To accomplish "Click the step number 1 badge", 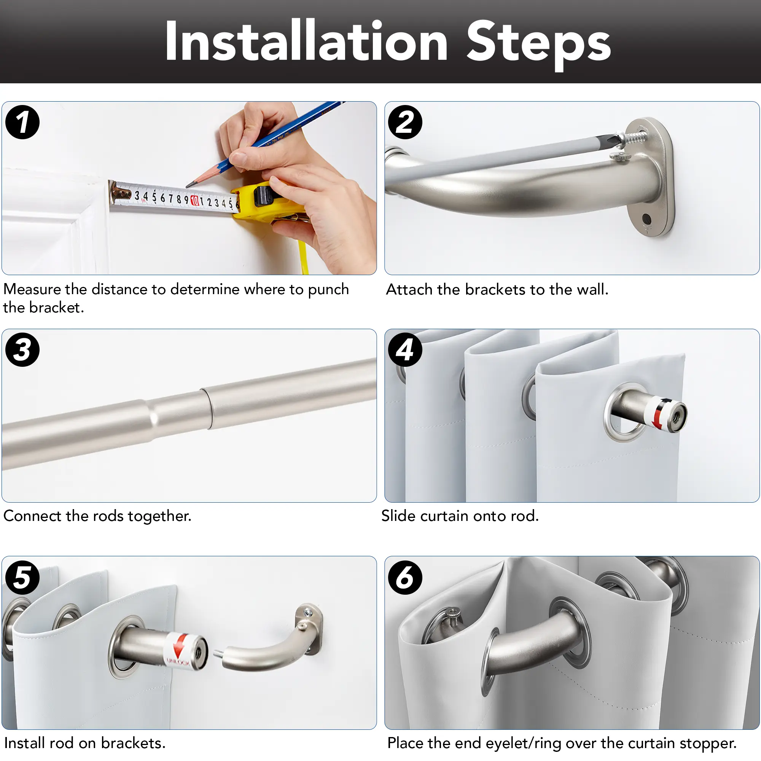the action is tap(22, 122).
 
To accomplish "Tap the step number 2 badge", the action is tap(405, 122).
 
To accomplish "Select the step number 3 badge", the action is tap(22, 350).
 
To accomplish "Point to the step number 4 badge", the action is tap(405, 350).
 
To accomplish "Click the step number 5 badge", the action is tap(22, 578).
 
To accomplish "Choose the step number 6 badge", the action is tap(405, 578).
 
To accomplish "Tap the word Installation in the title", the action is tap(306, 41).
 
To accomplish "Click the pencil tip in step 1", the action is tap(188, 185).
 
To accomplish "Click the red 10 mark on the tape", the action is tap(194, 200).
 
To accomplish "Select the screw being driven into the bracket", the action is tap(633, 137).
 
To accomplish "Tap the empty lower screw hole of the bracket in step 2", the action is tap(646, 218).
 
